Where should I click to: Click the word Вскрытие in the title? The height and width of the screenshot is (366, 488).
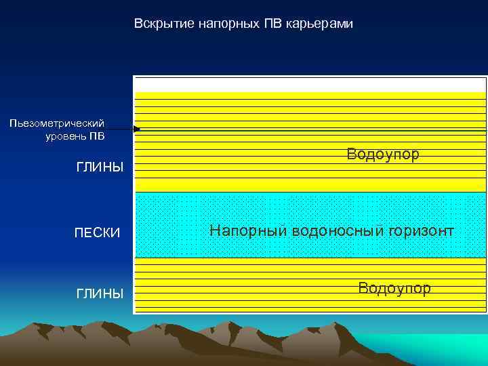point(158,24)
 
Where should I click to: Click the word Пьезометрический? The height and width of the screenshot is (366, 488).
point(57,123)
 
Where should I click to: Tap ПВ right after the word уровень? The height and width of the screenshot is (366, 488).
point(98,136)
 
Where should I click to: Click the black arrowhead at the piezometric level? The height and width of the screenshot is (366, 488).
point(136,129)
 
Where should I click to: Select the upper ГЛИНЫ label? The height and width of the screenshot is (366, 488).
point(100,167)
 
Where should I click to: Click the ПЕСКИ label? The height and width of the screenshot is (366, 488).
point(97,232)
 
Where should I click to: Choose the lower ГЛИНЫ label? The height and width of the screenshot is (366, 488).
point(100,293)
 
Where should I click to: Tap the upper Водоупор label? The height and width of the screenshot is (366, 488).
point(383,155)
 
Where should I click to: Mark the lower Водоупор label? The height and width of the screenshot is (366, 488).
point(394,289)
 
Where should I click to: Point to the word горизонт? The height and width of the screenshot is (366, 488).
point(421,232)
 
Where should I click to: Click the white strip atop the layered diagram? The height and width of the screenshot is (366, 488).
point(310,83)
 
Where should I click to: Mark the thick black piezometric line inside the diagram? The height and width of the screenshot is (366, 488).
point(312,129)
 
